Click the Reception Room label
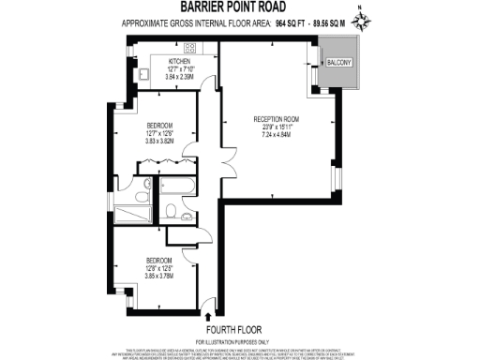[x=277, y=119]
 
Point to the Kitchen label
[x=167, y=62]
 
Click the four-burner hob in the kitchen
[x=187, y=49]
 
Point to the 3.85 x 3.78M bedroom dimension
[x=158, y=275]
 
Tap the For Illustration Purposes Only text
[x=239, y=340]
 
